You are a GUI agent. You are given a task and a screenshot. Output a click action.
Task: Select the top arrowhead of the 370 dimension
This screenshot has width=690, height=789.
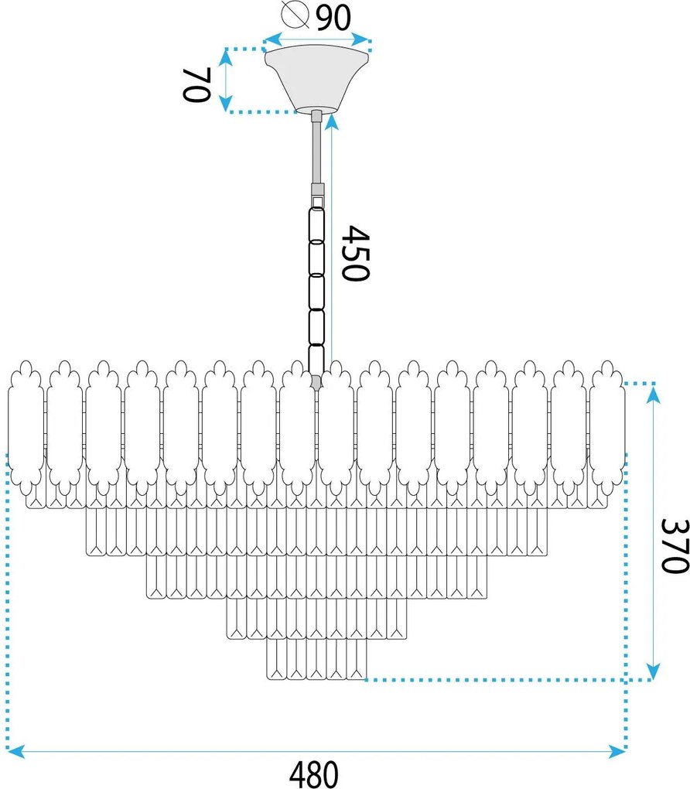click(x=654, y=393)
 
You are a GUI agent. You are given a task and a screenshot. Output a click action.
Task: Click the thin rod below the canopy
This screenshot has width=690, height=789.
click(x=317, y=151)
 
